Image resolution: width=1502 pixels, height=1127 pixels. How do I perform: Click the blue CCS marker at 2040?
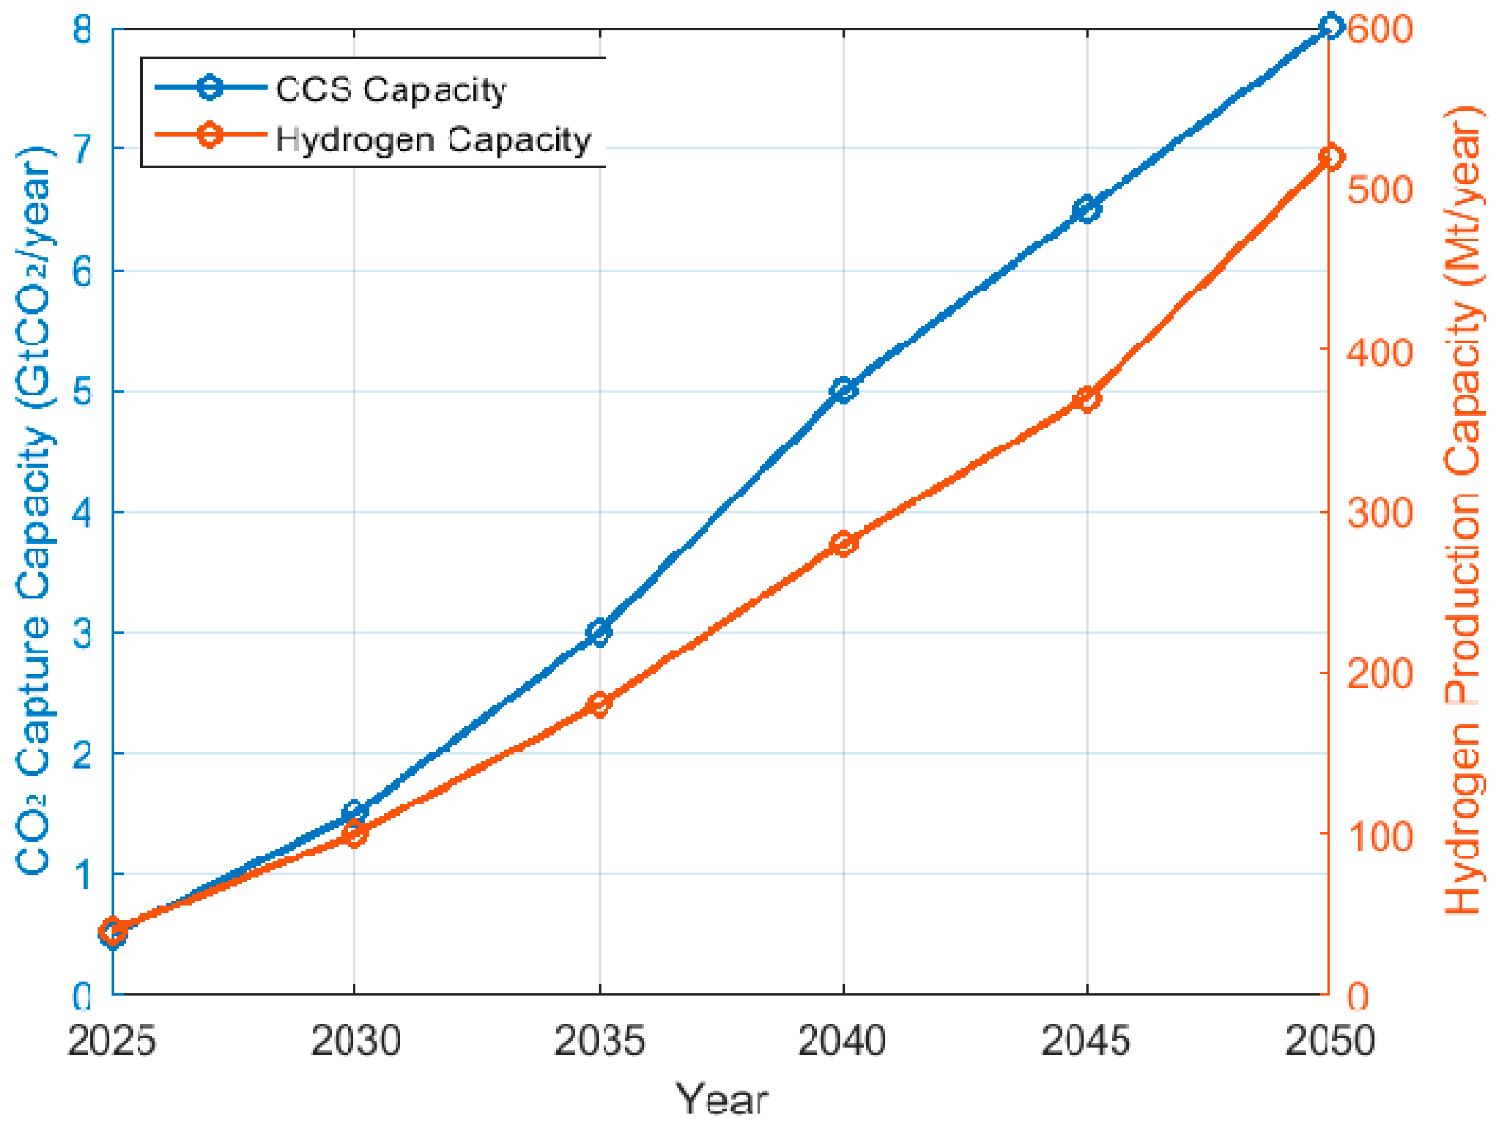pyautogui.click(x=844, y=390)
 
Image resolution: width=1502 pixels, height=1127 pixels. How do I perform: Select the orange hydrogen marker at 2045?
pyautogui.click(x=1087, y=399)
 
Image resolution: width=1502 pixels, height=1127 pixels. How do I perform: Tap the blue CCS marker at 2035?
pyautogui.click(x=600, y=632)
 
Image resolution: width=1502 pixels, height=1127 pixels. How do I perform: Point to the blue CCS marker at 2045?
pyautogui.click(x=1087, y=209)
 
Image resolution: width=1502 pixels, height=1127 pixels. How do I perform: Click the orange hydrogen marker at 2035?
pyautogui.click(x=600, y=704)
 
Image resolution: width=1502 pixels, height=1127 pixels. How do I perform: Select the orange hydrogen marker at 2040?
pyautogui.click(x=844, y=543)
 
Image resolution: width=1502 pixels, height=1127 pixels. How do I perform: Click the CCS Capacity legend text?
pyautogui.click(x=390, y=90)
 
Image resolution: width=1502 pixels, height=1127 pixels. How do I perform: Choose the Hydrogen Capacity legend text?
pyautogui.click(x=433, y=139)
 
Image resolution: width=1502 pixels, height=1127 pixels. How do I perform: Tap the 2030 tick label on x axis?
pyautogui.click(x=356, y=1039)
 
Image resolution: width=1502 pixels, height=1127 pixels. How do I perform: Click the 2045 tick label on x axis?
pyautogui.click(x=1086, y=1039)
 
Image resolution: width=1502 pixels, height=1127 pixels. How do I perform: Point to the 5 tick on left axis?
pyautogui.click(x=82, y=391)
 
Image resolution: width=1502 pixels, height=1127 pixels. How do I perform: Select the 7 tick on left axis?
pyautogui.click(x=82, y=149)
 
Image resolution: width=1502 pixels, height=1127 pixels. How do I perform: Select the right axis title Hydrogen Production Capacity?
pyautogui.click(x=1464, y=509)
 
